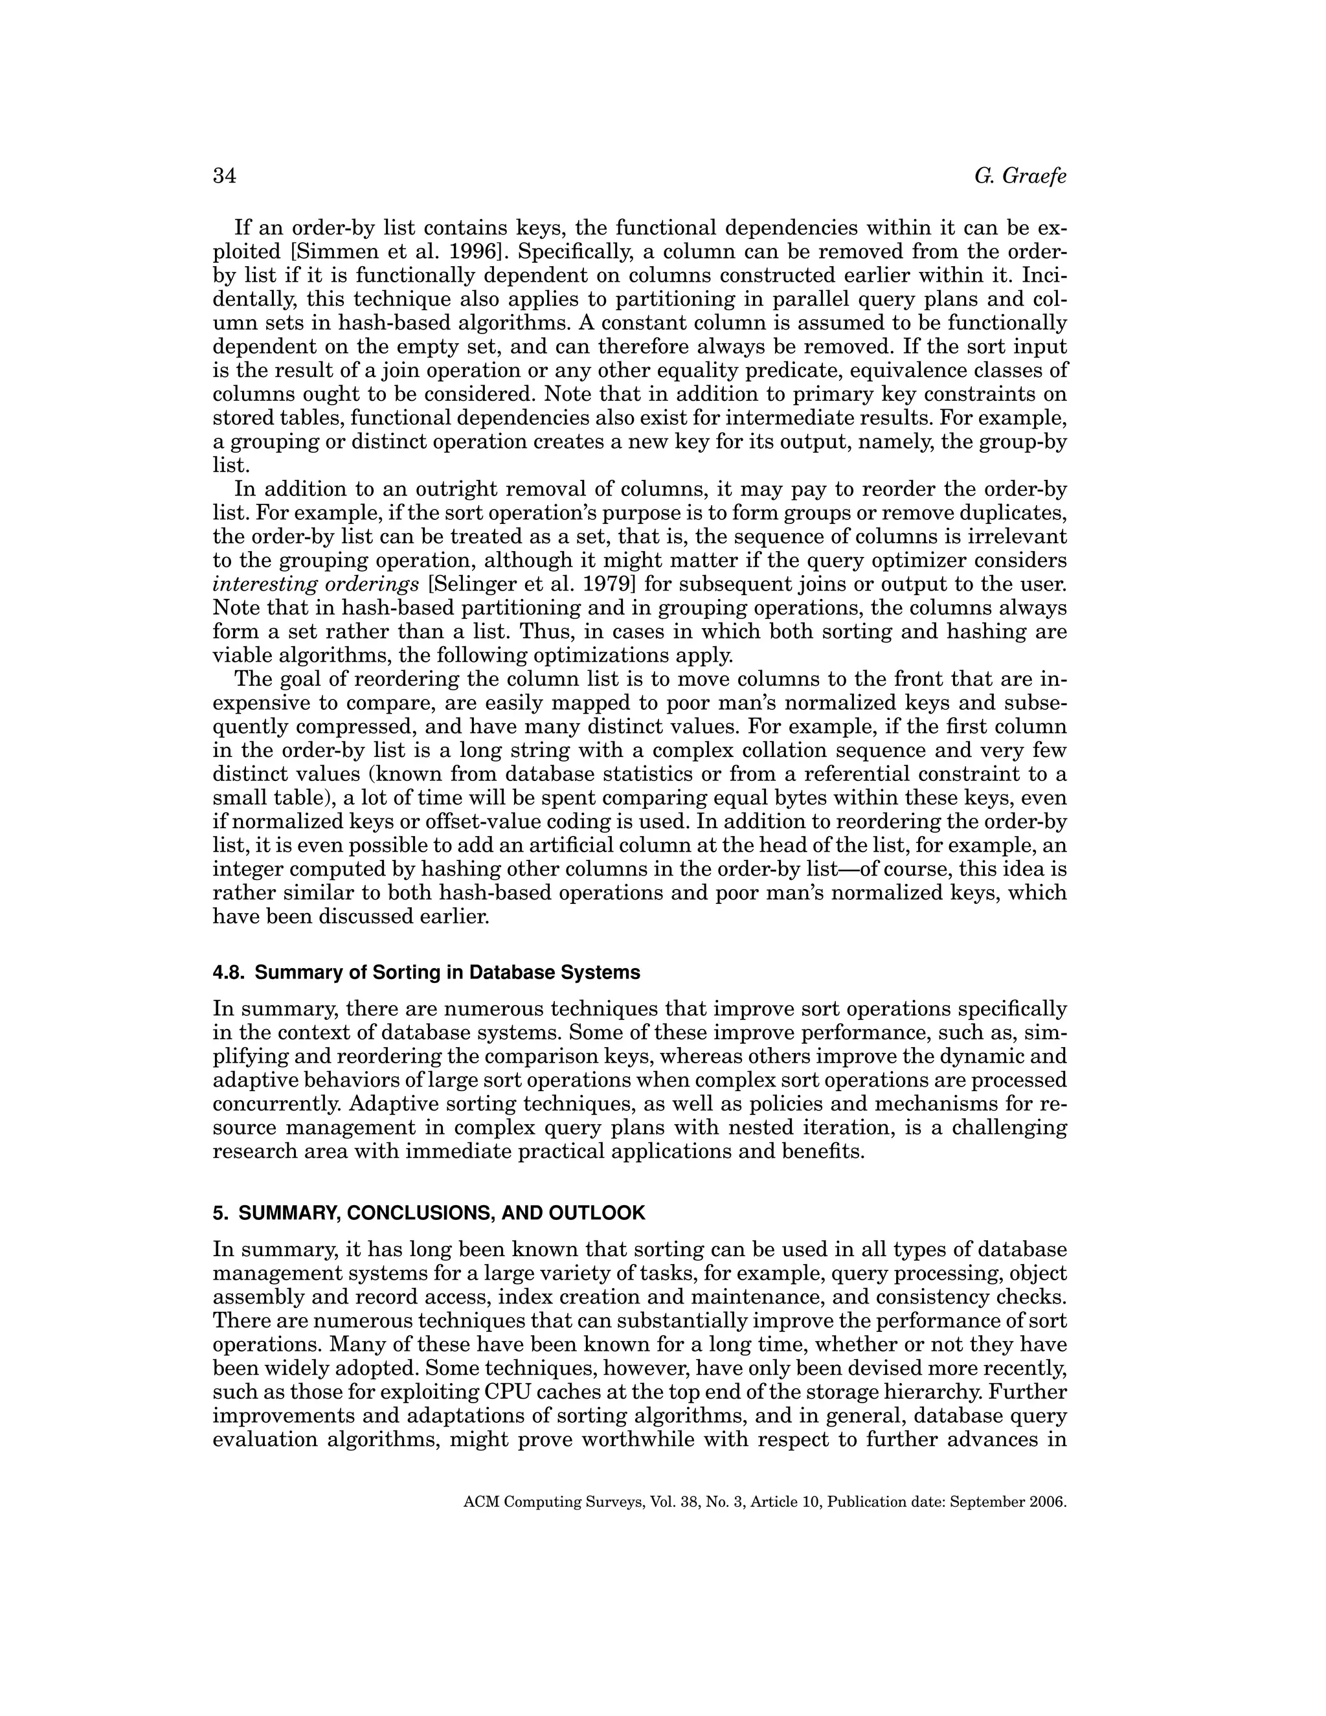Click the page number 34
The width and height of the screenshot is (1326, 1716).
click(225, 176)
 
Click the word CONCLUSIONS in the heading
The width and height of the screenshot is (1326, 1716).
click(420, 1213)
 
